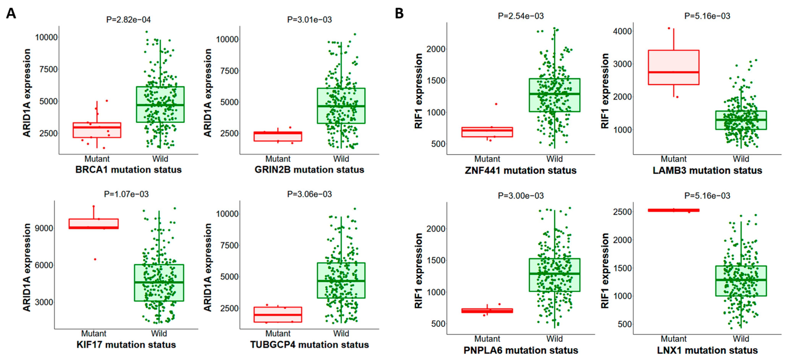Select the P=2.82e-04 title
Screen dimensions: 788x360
(128, 19)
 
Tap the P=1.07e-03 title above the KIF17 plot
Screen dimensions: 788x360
(126, 194)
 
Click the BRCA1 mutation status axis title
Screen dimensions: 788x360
(128, 170)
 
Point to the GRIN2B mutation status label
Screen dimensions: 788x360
(309, 170)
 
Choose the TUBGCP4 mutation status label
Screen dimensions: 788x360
(309, 345)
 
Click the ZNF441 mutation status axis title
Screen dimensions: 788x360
(521, 170)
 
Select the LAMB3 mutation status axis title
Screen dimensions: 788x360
(707, 170)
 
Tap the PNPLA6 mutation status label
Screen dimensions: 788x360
(521, 350)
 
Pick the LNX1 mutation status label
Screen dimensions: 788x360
(707, 350)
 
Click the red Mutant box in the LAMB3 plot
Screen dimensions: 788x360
(674, 67)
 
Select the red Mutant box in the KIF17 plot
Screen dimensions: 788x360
(94, 224)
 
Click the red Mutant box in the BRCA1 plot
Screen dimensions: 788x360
(97, 130)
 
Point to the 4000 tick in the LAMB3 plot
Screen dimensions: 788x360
(622, 31)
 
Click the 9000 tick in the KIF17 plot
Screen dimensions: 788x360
(44, 228)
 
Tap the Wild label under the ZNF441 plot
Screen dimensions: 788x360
(555, 159)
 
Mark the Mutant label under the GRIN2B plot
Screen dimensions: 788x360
(278, 159)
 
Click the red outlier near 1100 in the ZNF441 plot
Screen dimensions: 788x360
(496, 104)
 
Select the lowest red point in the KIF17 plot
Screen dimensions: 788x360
(95, 259)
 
